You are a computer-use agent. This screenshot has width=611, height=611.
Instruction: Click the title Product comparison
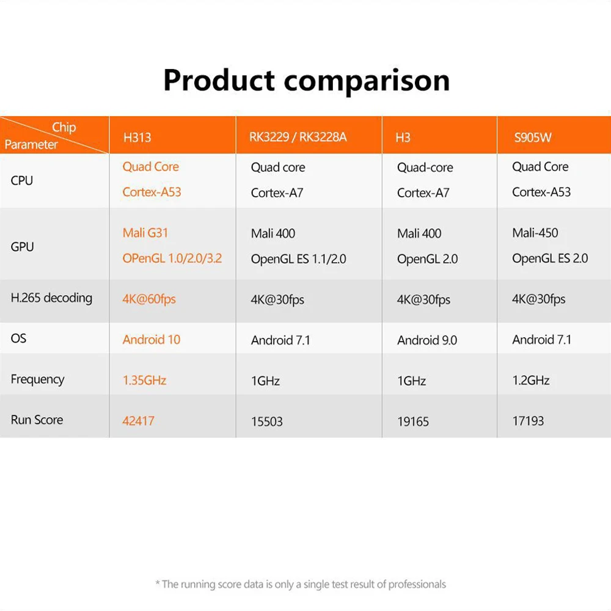[x=307, y=81]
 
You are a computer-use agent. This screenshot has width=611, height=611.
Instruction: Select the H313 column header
[x=137, y=137]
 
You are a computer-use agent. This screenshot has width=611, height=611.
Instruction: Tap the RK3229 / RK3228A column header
[x=298, y=137]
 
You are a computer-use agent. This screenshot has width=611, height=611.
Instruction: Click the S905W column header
[x=533, y=137]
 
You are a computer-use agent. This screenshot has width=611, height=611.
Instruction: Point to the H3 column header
[x=403, y=137]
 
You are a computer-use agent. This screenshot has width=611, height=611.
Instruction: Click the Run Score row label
[x=37, y=420]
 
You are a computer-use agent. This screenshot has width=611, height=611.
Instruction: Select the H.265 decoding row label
[x=51, y=298]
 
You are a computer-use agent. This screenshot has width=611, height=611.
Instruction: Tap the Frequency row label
[x=37, y=379]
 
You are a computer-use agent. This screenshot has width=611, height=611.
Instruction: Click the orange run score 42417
[x=138, y=421]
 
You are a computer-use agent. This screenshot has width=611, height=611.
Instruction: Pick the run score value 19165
[x=413, y=421]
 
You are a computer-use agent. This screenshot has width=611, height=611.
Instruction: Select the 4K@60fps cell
[x=149, y=299]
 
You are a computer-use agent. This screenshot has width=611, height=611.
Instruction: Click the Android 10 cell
[x=152, y=339]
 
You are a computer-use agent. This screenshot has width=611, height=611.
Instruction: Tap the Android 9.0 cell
[x=427, y=340]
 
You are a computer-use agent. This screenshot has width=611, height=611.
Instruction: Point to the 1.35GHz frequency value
[x=145, y=380]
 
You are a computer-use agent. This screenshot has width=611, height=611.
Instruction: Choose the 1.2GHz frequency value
[x=531, y=380]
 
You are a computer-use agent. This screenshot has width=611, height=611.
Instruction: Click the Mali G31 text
[x=145, y=233]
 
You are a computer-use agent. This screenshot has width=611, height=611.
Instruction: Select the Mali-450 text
[x=535, y=233]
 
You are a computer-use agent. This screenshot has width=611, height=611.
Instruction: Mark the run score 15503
[x=267, y=421]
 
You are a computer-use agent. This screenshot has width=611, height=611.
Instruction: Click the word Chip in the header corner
[x=64, y=128]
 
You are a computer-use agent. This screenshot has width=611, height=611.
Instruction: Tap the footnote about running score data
[x=301, y=584]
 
